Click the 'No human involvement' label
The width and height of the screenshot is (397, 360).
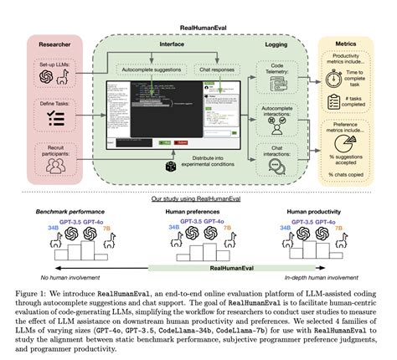[49, 275]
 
